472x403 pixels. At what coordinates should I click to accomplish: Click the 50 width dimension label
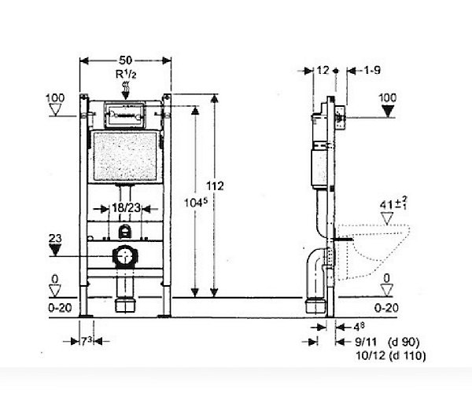(x=126, y=60)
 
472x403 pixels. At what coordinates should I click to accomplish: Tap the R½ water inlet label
(x=126, y=74)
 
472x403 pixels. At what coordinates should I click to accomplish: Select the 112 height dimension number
(x=215, y=186)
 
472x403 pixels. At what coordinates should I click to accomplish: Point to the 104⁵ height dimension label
(x=196, y=203)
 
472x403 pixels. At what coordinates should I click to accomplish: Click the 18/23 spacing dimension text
(x=126, y=207)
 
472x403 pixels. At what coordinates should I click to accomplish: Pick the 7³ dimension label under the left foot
(x=86, y=342)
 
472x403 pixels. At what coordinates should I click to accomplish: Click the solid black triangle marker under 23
(x=55, y=250)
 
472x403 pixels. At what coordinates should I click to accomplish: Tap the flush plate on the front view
(x=124, y=115)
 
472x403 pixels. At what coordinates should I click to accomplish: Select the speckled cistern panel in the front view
(x=125, y=156)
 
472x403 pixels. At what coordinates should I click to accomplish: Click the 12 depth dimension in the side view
(x=323, y=71)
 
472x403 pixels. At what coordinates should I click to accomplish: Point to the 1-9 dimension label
(x=372, y=71)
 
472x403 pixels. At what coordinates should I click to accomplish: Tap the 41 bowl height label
(x=393, y=204)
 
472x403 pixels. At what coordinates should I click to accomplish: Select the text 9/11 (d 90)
(x=387, y=342)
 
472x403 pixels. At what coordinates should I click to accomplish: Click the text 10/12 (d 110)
(x=391, y=356)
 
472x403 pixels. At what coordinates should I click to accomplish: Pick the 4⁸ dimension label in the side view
(x=359, y=326)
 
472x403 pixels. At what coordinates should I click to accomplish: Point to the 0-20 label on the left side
(x=60, y=308)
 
